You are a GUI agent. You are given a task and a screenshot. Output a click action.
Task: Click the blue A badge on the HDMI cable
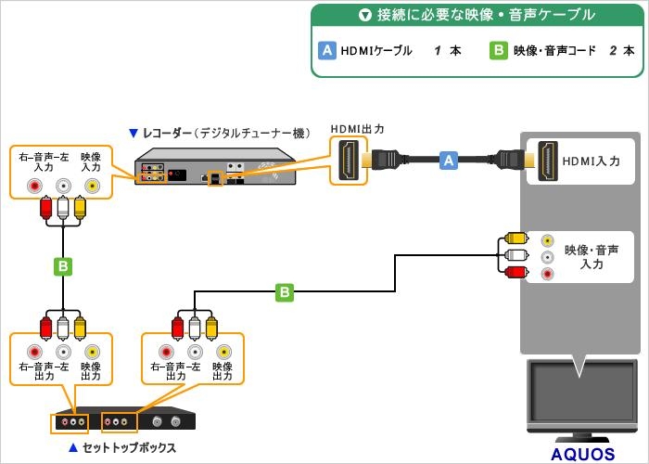(450, 161)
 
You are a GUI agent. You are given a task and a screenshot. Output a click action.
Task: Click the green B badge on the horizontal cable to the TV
(285, 292)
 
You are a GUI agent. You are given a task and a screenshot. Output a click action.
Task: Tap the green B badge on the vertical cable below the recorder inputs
(62, 267)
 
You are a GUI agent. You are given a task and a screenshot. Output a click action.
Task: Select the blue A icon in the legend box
(326, 51)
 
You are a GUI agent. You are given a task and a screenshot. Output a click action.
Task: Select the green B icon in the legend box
(498, 51)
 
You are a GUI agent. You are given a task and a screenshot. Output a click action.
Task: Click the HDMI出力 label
(357, 128)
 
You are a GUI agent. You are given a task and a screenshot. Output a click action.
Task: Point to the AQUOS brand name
(582, 454)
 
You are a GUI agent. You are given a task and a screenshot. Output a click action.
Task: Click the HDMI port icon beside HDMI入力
(548, 160)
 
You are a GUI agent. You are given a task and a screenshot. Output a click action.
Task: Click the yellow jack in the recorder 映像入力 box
(91, 186)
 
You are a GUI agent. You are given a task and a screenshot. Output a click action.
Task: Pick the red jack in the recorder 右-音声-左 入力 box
(34, 186)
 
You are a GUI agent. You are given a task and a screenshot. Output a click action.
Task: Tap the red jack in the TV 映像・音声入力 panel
(548, 274)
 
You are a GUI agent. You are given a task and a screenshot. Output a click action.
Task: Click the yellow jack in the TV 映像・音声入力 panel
(548, 239)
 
